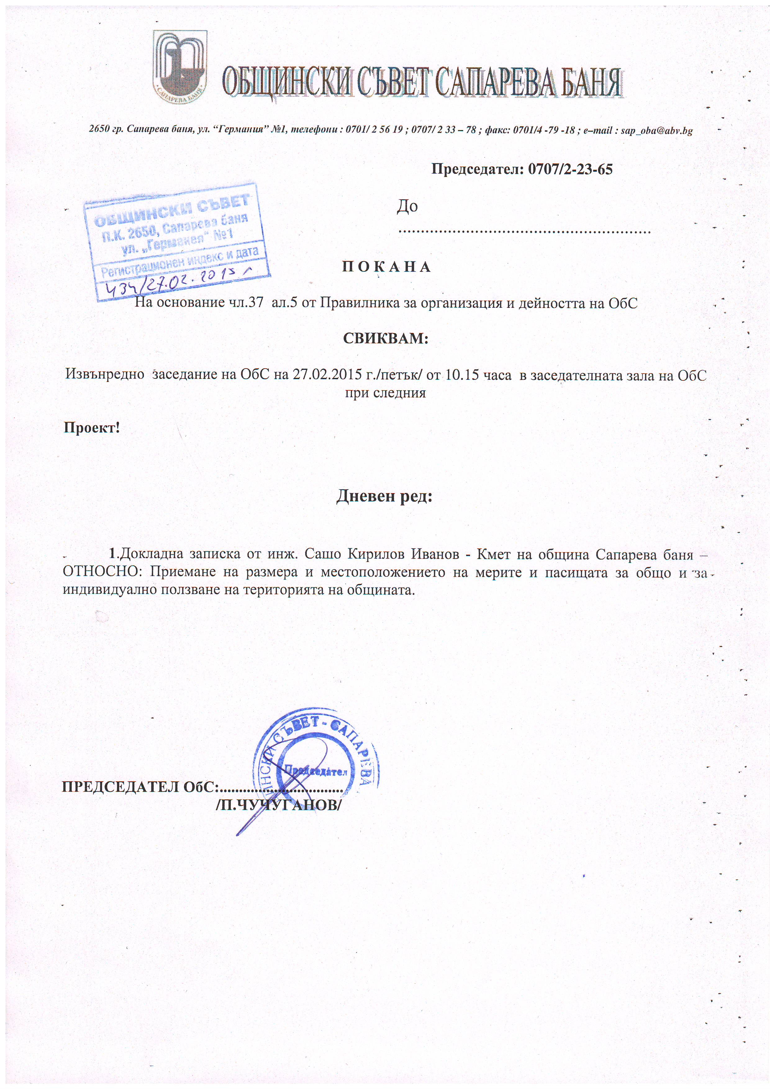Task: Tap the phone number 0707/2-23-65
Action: coord(569,169)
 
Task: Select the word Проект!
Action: coord(92,428)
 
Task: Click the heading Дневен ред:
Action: coord(384,497)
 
